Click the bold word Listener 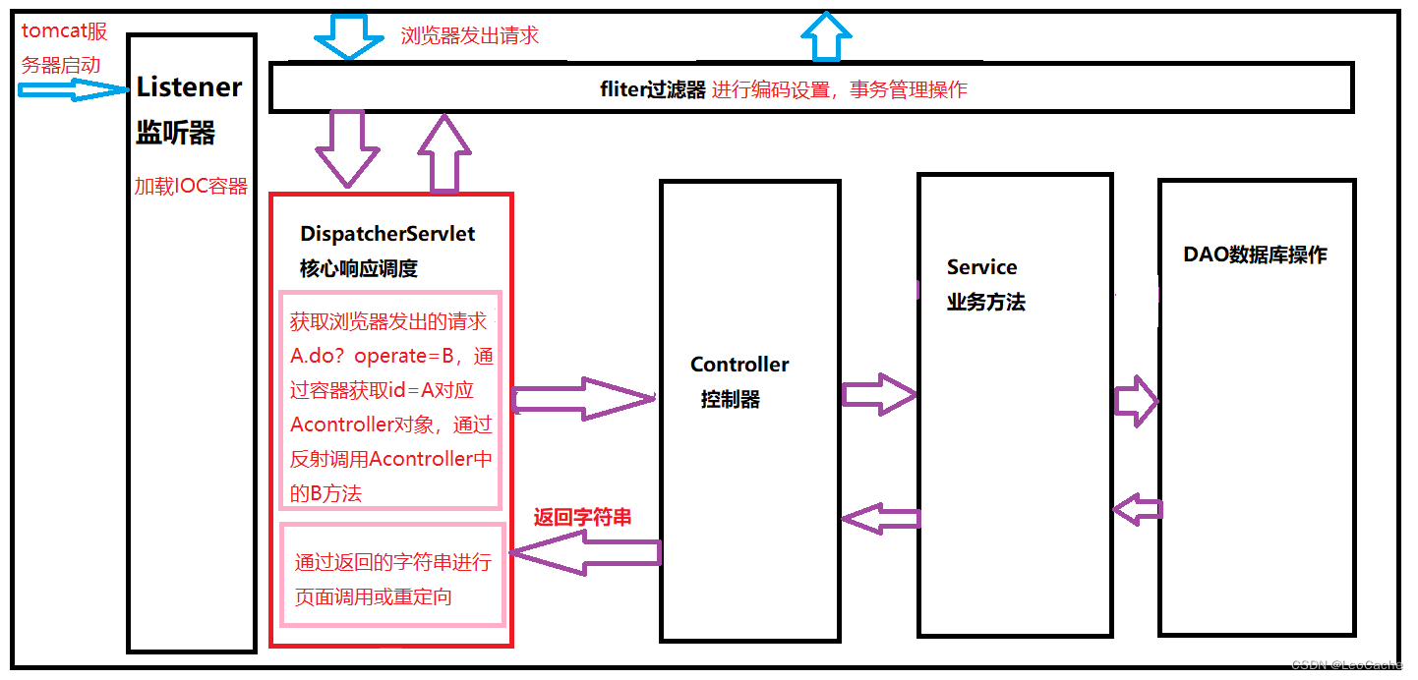coord(189,87)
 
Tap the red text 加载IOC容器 coord(191,187)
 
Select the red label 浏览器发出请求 coord(469,36)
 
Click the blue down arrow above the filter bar coord(348,37)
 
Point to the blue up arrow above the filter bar coord(826,38)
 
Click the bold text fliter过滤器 coord(653,90)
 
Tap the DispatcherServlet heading coord(387,234)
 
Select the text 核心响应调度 coord(359,268)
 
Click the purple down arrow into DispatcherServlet coord(347,147)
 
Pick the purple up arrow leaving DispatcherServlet coord(445,153)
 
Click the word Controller coord(739,365)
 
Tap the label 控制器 coord(730,400)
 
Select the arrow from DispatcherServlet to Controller coord(582,399)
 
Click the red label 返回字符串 coord(582,518)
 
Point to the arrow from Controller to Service coord(878,395)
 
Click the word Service coord(981,267)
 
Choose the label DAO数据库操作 coord(1255,255)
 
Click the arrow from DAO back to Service coord(1137,510)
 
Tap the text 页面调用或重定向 coord(374,596)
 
